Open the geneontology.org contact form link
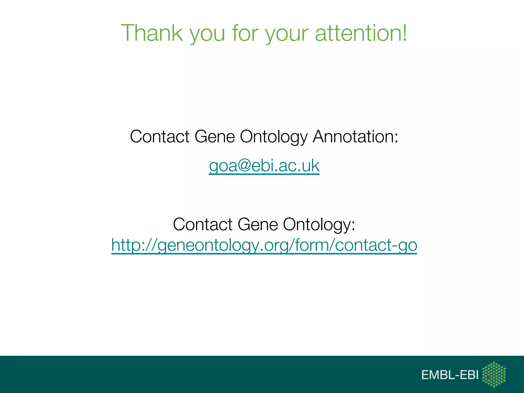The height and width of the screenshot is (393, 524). pos(264,245)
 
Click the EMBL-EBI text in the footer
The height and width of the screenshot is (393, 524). pos(450,375)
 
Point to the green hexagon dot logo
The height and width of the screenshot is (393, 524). pos(494,374)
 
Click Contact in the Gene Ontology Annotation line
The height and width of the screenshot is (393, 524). pos(159,136)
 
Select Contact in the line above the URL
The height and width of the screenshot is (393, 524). pos(202,224)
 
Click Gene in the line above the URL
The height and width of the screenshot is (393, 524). pos(257,224)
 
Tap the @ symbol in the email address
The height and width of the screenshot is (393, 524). pos(244,166)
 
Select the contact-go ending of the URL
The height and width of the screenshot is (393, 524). pos(376,245)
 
